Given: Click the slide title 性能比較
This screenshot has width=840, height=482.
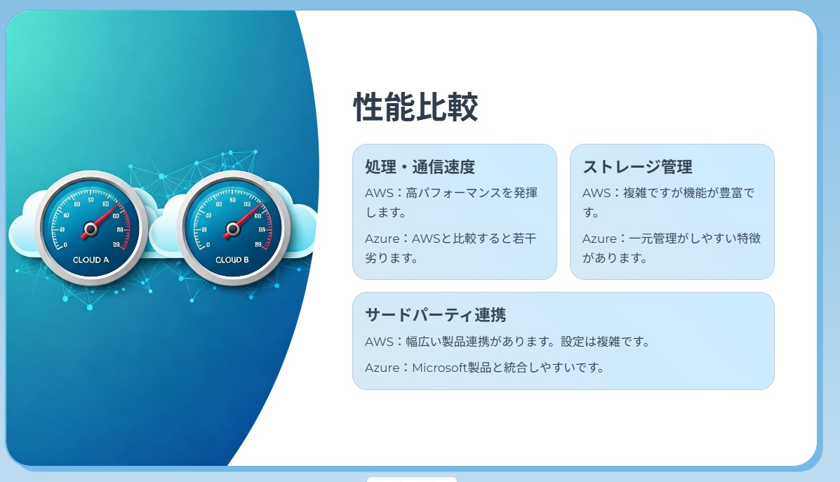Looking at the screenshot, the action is [x=415, y=107].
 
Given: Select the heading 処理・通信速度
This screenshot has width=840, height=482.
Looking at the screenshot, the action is [x=420, y=167].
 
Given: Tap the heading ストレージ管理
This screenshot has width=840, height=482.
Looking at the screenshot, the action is [x=637, y=167].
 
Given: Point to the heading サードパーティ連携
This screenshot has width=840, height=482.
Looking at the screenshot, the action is [x=436, y=315].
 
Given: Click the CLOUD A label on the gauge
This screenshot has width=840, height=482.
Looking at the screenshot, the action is [x=91, y=260].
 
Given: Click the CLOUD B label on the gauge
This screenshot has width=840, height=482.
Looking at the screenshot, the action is [x=232, y=260].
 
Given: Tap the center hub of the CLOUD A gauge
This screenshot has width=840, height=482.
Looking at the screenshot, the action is [x=91, y=229].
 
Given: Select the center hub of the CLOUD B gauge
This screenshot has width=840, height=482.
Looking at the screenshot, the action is [x=232, y=229].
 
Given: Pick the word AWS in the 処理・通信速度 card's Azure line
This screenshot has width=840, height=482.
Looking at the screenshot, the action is [x=426, y=239].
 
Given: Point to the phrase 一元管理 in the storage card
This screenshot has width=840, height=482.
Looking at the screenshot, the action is [x=653, y=239].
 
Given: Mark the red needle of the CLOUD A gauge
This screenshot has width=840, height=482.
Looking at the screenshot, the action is [x=102, y=220].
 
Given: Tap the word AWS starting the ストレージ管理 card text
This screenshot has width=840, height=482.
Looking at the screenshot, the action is [x=595, y=193].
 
